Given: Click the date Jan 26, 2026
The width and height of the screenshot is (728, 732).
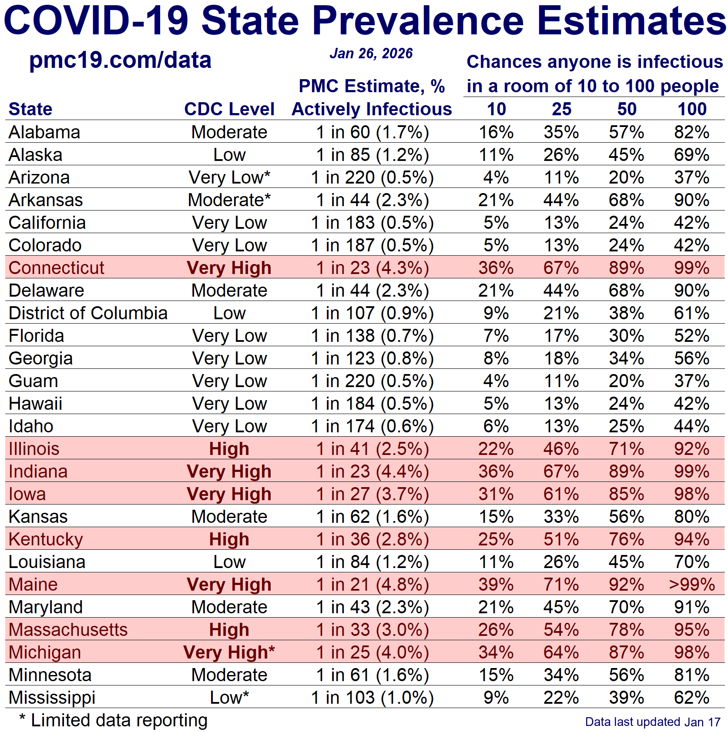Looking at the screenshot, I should pyautogui.click(x=371, y=53).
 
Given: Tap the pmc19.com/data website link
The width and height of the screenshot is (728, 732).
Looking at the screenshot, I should pyautogui.click(x=120, y=60).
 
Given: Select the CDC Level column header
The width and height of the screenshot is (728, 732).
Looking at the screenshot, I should pyautogui.click(x=229, y=109).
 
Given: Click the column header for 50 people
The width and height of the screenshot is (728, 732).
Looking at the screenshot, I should pyautogui.click(x=627, y=109).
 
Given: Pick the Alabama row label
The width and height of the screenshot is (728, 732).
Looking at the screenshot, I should pyautogui.click(x=44, y=132).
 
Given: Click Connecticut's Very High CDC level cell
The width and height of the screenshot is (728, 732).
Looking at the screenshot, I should pyautogui.click(x=229, y=268).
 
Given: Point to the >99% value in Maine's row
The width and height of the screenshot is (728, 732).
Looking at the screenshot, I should pyautogui.click(x=692, y=585).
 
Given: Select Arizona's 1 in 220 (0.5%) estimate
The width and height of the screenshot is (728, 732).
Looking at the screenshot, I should pyautogui.click(x=372, y=177).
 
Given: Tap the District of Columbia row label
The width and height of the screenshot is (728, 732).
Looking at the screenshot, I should pyautogui.click(x=88, y=313).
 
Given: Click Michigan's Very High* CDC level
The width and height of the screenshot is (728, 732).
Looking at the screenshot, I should pyautogui.click(x=229, y=652).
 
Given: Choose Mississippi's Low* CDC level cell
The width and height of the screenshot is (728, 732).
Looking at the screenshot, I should pyautogui.click(x=229, y=698).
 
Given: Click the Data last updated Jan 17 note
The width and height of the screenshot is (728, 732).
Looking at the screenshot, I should pyautogui.click(x=653, y=722).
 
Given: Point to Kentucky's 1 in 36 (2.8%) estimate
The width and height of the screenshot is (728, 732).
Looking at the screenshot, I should pyautogui.click(x=372, y=539).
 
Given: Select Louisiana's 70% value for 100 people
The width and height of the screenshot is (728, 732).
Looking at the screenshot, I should pyautogui.click(x=692, y=562).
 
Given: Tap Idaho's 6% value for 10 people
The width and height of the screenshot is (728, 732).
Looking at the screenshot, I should pyautogui.click(x=496, y=426).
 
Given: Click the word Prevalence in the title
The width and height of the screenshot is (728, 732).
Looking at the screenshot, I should pyautogui.click(x=418, y=21).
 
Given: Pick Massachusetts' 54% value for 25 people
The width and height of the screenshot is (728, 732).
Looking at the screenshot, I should pyautogui.click(x=561, y=630).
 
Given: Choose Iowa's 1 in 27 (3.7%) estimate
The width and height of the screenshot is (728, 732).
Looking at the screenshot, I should pyautogui.click(x=372, y=494).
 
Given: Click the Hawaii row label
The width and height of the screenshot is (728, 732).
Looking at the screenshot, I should pyautogui.click(x=36, y=404).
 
